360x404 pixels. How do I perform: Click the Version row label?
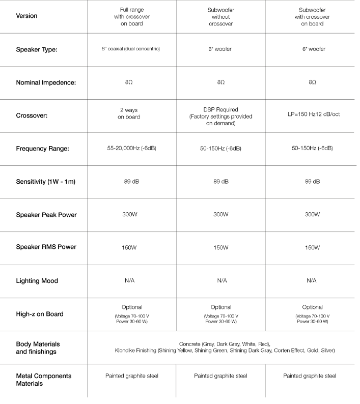point(26,16)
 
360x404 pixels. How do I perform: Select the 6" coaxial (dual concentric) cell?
point(131,49)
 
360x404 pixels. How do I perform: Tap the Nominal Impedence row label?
point(46,82)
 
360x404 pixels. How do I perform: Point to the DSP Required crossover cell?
point(221,116)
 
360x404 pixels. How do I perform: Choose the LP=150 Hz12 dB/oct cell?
point(312,114)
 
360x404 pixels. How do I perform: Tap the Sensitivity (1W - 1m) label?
point(46,182)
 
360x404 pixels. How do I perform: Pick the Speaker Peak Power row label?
point(46,215)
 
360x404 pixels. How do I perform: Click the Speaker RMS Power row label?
point(46,247)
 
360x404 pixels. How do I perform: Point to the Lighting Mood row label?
point(37,281)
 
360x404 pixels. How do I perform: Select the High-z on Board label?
point(40,314)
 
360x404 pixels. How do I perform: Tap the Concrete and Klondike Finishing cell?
point(225,348)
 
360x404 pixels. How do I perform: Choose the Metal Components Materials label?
point(44,380)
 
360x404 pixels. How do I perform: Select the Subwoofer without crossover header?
point(221,16)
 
